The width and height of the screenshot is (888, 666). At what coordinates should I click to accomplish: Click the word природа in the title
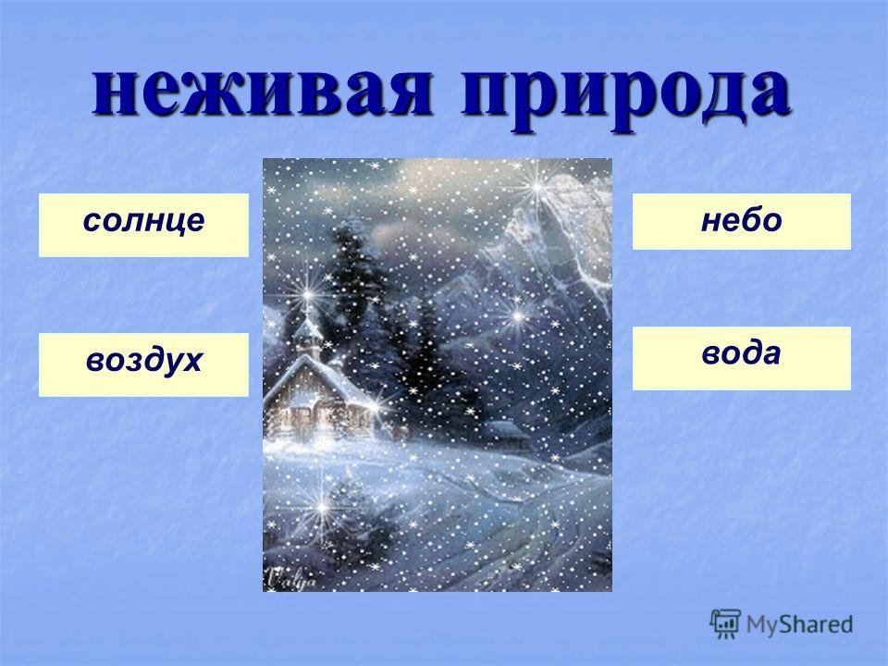coord(625,94)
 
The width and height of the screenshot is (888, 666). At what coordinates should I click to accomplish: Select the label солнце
coord(143,221)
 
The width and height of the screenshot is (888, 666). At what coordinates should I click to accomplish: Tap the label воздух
coord(143,361)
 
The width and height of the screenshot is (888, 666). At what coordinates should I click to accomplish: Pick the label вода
coord(741,353)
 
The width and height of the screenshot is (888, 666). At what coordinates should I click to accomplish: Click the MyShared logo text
coord(799,624)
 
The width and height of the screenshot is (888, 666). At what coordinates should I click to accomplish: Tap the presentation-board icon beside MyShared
coord(725,623)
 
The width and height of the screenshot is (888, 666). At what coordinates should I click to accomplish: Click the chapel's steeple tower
coord(308,328)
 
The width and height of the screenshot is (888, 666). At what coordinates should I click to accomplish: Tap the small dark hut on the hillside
coord(505,433)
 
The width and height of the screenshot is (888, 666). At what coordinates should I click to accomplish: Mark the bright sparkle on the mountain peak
coord(536,186)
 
